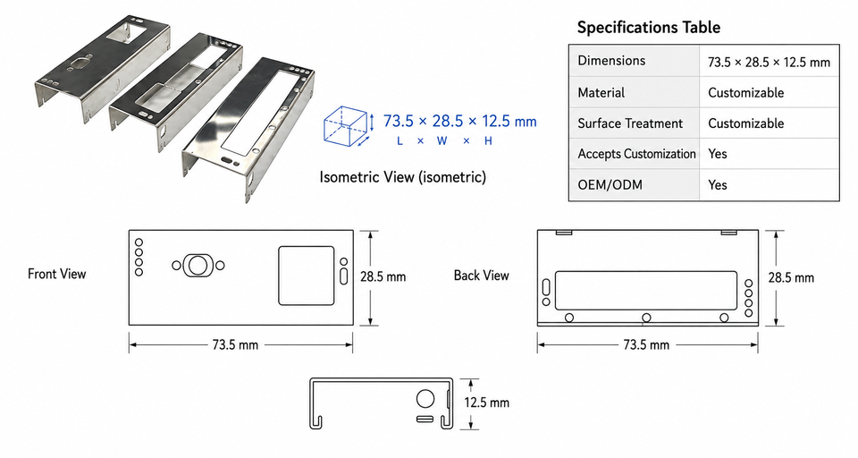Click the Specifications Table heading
pos(649,28)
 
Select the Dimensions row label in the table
pos(611,61)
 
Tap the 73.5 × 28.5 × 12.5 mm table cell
pos(769,62)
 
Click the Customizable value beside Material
pos(745,93)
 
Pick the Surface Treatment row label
pos(630,123)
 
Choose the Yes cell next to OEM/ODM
pos(718,184)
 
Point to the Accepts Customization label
pos(636,154)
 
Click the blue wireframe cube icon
pos(348,126)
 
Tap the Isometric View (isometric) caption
pos(403,177)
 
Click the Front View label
pos(57,274)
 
